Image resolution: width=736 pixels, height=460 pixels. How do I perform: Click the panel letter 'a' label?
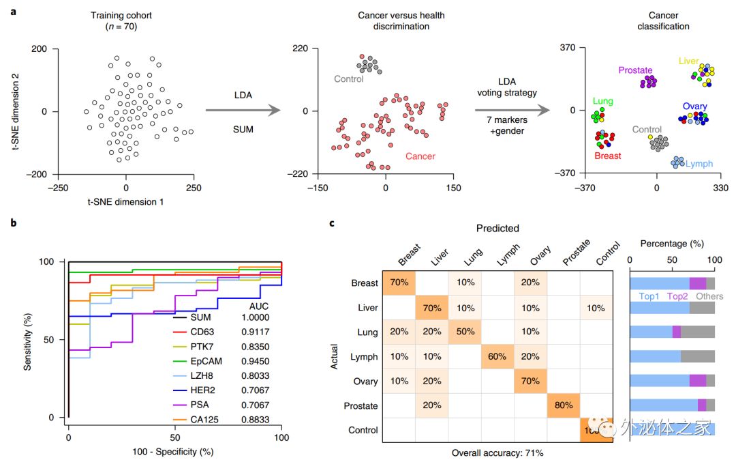coord(13,12)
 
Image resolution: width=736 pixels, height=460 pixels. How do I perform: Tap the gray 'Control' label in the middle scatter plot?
coord(348,79)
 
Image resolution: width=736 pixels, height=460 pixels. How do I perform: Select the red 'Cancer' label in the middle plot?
coord(420,156)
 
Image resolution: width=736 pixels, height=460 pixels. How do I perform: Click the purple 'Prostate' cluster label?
coord(635,70)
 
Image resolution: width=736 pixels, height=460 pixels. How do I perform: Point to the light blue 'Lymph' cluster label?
coord(699,164)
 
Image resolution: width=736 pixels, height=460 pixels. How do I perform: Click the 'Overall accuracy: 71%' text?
coord(497,452)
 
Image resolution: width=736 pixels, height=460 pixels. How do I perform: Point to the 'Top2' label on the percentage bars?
coord(677,297)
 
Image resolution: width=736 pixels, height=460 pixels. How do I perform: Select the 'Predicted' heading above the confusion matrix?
coord(497,229)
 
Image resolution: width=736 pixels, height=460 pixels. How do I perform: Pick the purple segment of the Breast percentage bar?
coord(697,283)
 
